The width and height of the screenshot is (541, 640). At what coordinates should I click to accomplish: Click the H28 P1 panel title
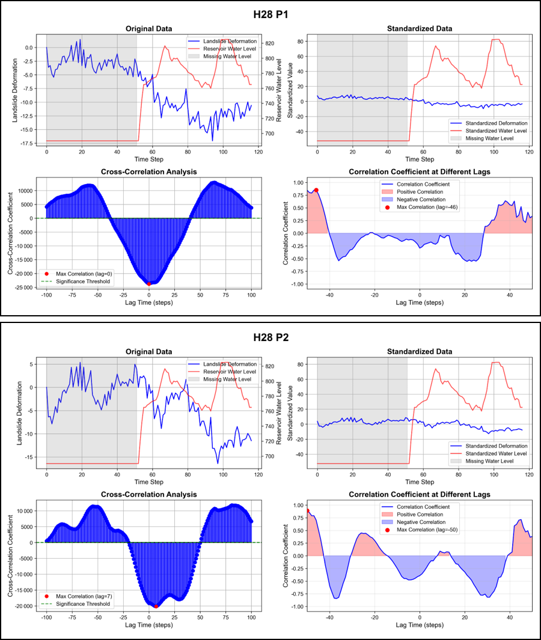(x=270, y=13)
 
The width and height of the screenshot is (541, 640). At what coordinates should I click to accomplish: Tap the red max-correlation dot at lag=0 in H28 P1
(x=149, y=283)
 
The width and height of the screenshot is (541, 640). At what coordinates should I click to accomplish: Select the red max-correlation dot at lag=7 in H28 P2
(x=156, y=606)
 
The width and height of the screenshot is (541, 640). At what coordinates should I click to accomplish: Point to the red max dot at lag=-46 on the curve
(x=316, y=190)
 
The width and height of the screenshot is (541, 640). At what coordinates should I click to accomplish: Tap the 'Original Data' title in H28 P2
(x=149, y=351)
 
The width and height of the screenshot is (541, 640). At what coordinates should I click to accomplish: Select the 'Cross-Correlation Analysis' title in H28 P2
(x=149, y=494)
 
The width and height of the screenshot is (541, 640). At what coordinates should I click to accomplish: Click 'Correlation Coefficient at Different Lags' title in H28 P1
(x=420, y=172)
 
